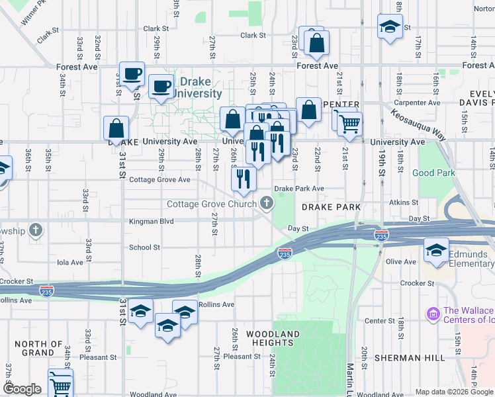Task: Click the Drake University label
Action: pyautogui.click(x=197, y=89)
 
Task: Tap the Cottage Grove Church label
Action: pyautogui.click(x=211, y=204)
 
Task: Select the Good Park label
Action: pyautogui.click(x=433, y=173)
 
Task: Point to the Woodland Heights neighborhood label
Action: pyautogui.click(x=273, y=338)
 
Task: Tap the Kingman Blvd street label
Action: pyautogui.click(x=152, y=222)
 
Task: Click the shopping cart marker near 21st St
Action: pyautogui.click(x=349, y=124)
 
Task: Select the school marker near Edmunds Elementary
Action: pyautogui.click(x=436, y=251)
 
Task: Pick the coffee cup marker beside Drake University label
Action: pyautogui.click(x=161, y=86)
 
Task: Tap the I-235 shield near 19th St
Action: pyautogui.click(x=381, y=236)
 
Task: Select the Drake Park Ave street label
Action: pyautogui.click(x=299, y=189)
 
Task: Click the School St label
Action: pyautogui.click(x=145, y=247)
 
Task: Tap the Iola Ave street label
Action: pyautogui.click(x=70, y=262)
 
